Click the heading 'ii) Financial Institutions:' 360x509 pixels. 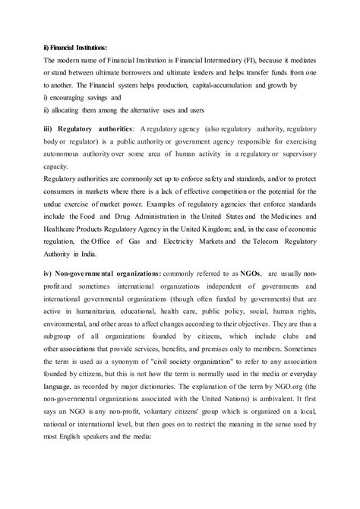[75, 46]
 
